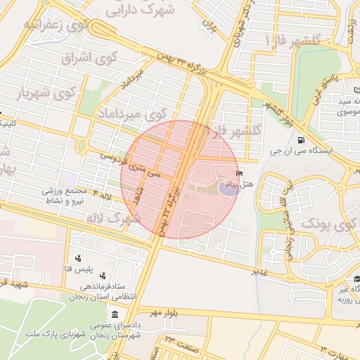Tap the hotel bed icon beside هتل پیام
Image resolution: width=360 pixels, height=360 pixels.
click(x=240, y=173)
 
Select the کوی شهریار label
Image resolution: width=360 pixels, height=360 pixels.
click(x=46, y=92)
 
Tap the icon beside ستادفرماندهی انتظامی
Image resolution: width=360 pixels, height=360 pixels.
click(x=103, y=276)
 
